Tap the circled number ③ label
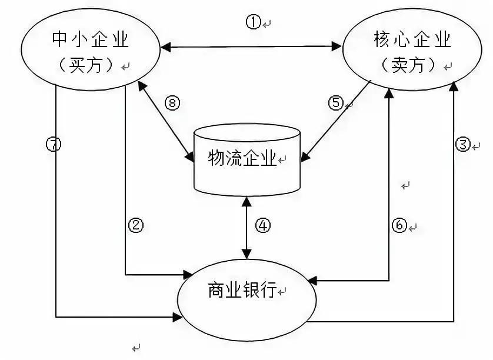point(464,144)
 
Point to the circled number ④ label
point(263,226)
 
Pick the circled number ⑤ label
point(335,103)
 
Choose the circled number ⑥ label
point(399,225)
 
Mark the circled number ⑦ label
point(54,144)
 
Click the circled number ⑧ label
point(171,104)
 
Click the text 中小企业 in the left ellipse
point(90,40)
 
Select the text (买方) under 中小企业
point(89,65)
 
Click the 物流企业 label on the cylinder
point(242,157)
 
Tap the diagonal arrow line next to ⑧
point(165,120)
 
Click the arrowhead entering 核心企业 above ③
point(453,87)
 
